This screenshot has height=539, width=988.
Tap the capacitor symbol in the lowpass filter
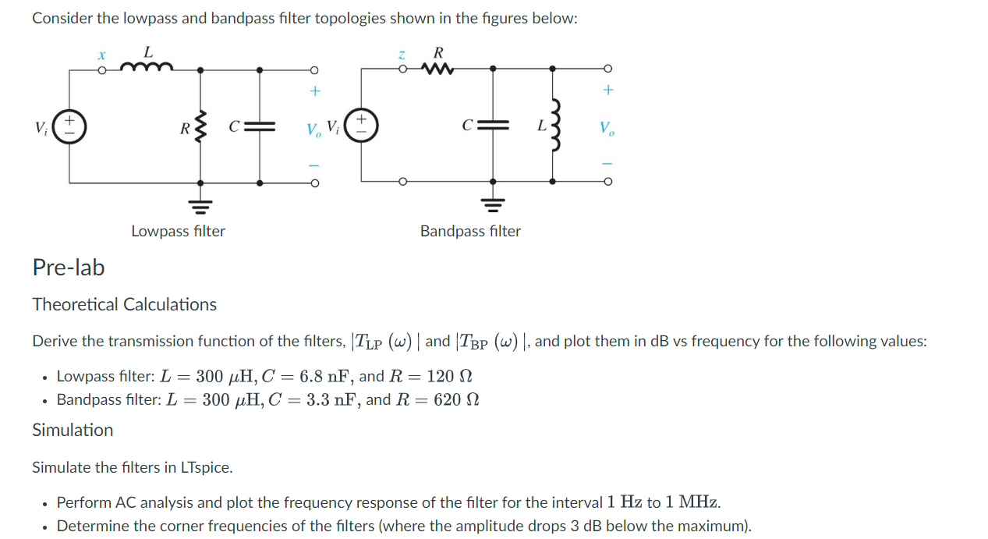(x=261, y=126)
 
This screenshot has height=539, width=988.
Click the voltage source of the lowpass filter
(x=70, y=126)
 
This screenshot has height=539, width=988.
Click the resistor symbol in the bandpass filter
(x=438, y=69)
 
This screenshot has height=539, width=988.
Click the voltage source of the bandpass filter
(x=361, y=126)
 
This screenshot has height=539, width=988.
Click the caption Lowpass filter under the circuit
(x=178, y=231)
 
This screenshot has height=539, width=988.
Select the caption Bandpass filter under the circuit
(x=470, y=231)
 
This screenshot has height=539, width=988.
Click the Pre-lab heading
(x=68, y=268)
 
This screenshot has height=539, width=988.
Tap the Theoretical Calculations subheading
(x=124, y=304)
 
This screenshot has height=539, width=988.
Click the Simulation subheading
(x=72, y=430)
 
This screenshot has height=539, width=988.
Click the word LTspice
(x=206, y=467)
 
